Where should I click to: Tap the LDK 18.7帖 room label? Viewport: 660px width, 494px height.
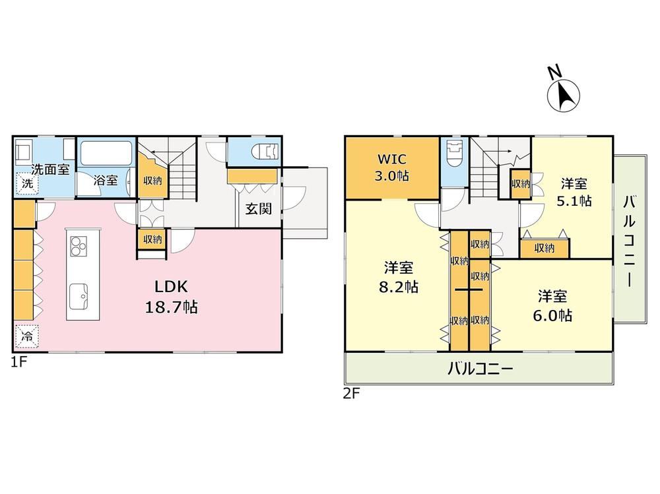tap(172, 297)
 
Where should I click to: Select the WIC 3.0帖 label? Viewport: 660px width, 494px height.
tap(392, 168)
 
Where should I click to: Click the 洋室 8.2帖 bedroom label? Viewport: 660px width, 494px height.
tap(399, 277)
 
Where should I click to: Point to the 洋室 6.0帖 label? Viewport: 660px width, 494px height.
tap(552, 306)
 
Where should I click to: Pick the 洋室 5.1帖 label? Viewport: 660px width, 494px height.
tap(574, 193)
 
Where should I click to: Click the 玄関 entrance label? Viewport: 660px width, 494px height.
tap(259, 208)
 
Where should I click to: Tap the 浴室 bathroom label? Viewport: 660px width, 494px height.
tap(105, 181)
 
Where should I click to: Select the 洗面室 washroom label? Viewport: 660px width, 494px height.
tap(51, 170)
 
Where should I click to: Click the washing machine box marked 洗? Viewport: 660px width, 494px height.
tap(27, 184)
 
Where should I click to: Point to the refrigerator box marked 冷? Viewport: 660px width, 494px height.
tap(27, 336)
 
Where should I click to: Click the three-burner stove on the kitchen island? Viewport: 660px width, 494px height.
tap(79, 246)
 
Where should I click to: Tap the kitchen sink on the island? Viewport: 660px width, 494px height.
tap(79, 296)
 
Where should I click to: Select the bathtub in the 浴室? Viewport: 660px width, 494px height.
tap(106, 154)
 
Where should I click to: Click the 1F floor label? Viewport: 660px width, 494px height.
tap(19, 361)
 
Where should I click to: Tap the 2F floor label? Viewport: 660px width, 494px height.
tap(352, 394)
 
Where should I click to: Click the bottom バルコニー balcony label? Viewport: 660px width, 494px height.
tap(480, 369)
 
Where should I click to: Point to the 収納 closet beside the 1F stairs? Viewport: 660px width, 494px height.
tap(152, 181)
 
